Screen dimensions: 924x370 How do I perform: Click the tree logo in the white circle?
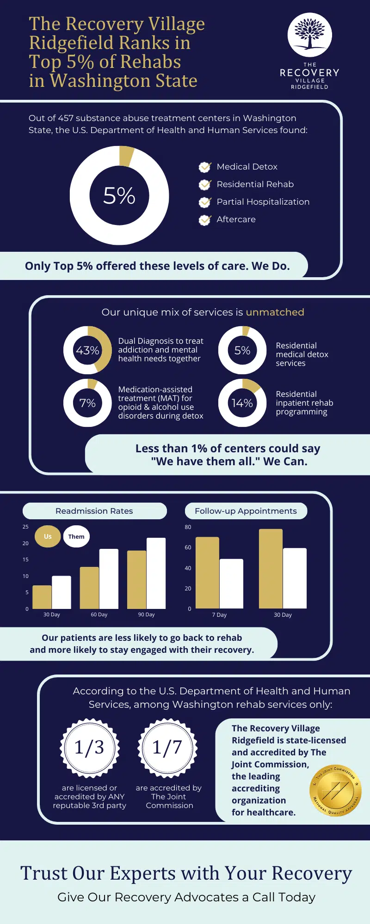click(310, 35)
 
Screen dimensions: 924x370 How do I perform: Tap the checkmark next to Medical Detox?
click(204, 167)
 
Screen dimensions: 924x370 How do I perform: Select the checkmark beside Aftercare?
click(204, 220)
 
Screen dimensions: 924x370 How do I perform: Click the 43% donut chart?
click(87, 350)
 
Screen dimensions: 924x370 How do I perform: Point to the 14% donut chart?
click(242, 403)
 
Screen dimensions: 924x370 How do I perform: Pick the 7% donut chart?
click(87, 403)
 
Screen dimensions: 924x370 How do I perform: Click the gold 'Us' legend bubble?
click(48, 536)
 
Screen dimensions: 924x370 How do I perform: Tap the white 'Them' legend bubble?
click(76, 536)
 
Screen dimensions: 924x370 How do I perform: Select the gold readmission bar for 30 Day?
click(42, 597)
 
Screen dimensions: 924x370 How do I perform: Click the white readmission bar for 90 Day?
click(156, 573)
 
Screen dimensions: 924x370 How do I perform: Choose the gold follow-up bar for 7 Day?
click(207, 572)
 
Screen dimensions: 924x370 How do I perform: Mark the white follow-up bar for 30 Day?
click(295, 578)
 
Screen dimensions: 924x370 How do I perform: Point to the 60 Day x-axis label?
click(99, 614)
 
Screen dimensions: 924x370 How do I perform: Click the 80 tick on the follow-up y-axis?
click(188, 527)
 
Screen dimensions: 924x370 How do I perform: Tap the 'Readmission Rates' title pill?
click(94, 511)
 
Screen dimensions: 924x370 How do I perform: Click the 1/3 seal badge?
click(89, 748)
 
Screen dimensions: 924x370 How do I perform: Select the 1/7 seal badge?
click(167, 748)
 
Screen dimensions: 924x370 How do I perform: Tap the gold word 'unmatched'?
click(275, 312)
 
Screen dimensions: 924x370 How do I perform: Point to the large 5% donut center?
click(119, 195)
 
